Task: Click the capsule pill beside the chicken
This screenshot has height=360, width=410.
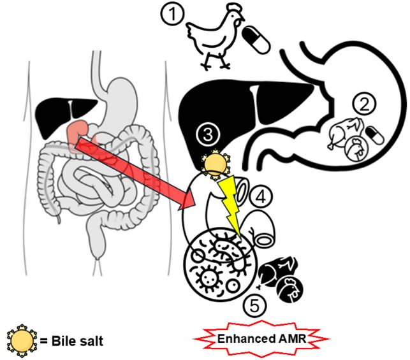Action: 259,40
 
